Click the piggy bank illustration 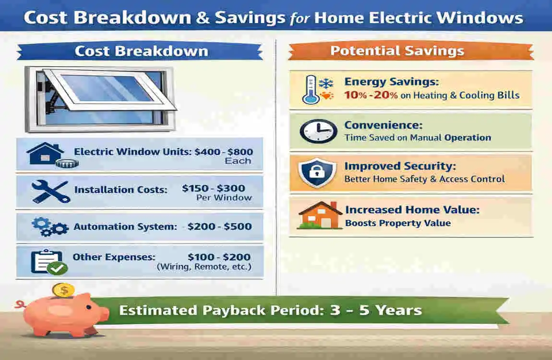(x=67, y=315)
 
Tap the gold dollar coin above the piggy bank (x=63, y=289)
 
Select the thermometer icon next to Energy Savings (x=311, y=90)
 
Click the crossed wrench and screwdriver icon (x=50, y=191)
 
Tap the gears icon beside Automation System (x=49, y=226)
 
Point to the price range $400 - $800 (x=224, y=152)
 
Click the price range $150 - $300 (x=214, y=188)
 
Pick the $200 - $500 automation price (x=219, y=226)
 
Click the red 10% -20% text (x=371, y=95)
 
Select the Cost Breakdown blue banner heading (x=141, y=51)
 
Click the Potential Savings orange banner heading (x=397, y=51)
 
